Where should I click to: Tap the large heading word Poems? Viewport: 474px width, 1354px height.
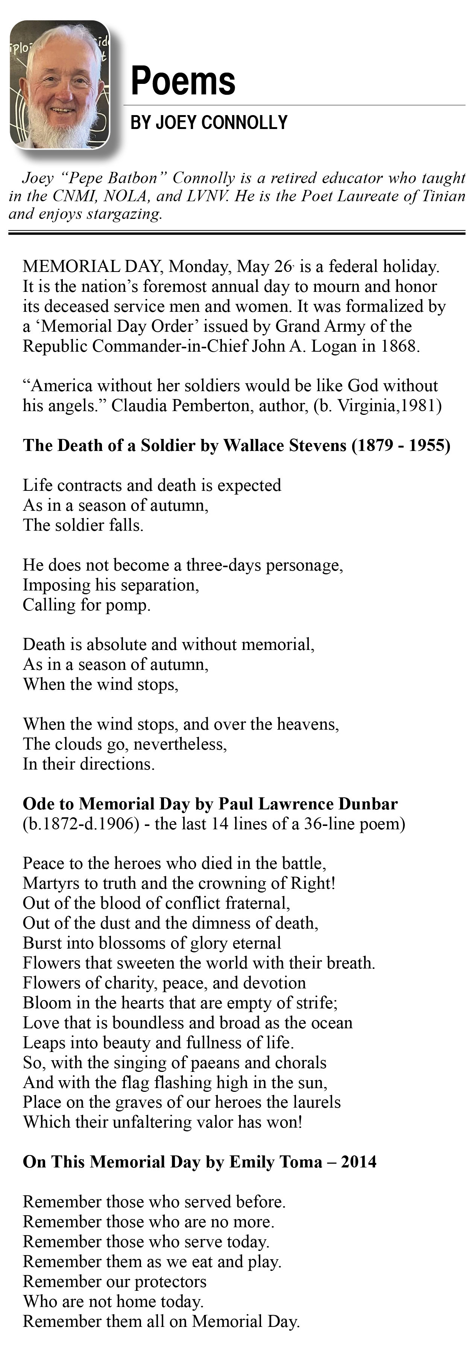pyautogui.click(x=183, y=82)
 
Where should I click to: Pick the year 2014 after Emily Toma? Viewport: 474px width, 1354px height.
pyautogui.click(x=359, y=1162)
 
